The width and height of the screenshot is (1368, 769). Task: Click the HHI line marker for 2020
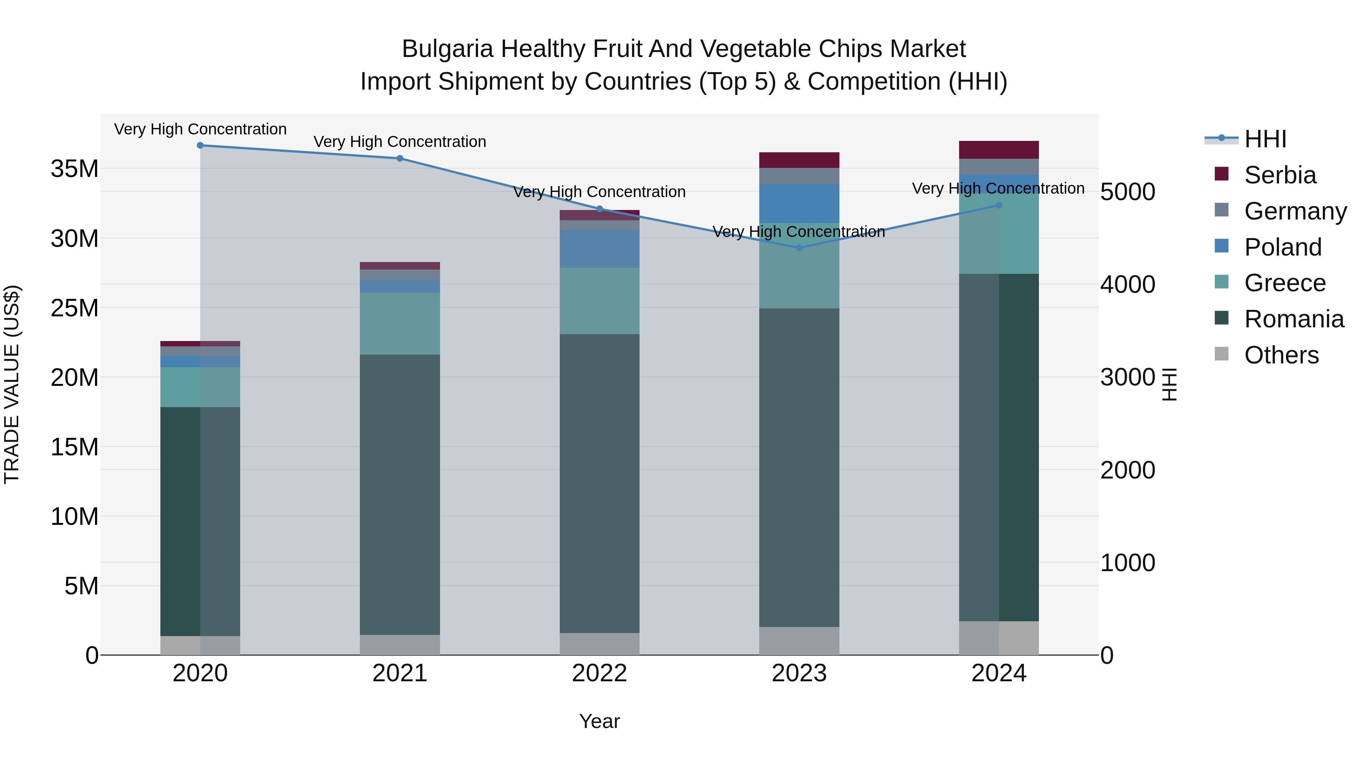point(200,145)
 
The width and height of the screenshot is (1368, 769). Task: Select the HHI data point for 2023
point(799,248)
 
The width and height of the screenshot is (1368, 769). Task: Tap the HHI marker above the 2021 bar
point(400,158)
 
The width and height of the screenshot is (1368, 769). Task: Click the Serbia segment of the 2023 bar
point(799,160)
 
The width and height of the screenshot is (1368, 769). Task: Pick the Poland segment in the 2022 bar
point(600,248)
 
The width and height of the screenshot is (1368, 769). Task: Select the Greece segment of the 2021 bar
point(400,324)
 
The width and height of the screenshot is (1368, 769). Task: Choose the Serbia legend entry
point(1280,175)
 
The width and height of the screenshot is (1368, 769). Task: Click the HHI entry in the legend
point(1265,139)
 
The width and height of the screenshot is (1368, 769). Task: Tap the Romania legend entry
point(1294,319)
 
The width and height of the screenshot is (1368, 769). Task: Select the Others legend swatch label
point(1281,355)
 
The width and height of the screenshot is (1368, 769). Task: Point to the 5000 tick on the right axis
point(1127,192)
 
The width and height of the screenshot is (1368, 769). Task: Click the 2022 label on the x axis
point(600,673)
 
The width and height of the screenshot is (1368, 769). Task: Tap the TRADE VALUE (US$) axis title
point(12,384)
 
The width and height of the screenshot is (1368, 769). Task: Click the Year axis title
point(600,721)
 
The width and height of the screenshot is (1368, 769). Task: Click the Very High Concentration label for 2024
point(998,188)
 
